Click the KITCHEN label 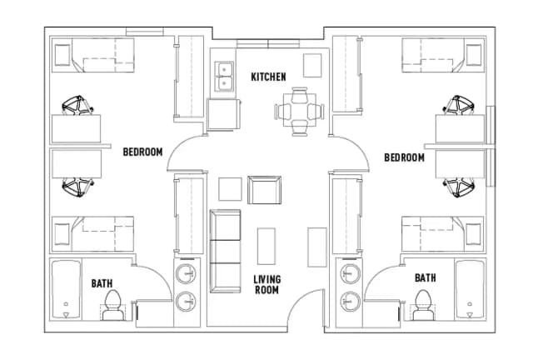(x=268, y=77)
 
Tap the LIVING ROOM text (x=266, y=284)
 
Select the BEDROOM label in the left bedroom (x=142, y=152)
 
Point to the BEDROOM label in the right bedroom (x=405, y=157)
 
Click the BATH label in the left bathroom (x=102, y=283)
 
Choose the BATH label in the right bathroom (x=425, y=277)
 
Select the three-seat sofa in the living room (x=225, y=249)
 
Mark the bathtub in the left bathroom (x=65, y=292)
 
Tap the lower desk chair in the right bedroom (x=459, y=187)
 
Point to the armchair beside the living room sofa (x=266, y=190)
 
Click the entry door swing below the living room (x=306, y=308)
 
